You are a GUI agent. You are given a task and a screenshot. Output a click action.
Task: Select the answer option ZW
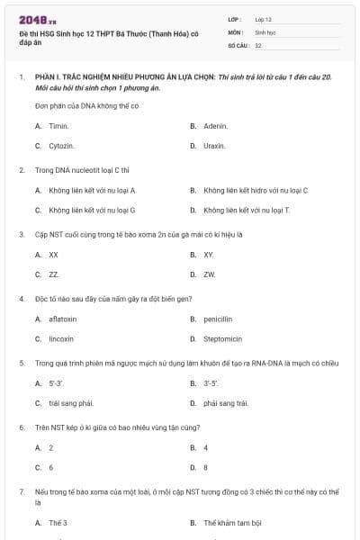click(x=209, y=274)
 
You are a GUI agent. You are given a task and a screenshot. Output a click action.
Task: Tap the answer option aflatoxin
click(x=63, y=319)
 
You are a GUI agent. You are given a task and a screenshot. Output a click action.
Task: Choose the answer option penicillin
click(x=218, y=319)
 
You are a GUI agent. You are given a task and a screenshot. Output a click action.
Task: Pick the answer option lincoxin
click(x=61, y=338)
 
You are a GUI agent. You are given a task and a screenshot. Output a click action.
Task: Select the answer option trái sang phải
click(x=71, y=403)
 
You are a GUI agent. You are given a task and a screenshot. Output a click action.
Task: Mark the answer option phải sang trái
click(x=225, y=403)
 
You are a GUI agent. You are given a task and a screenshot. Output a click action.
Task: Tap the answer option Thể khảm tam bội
click(x=231, y=522)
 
